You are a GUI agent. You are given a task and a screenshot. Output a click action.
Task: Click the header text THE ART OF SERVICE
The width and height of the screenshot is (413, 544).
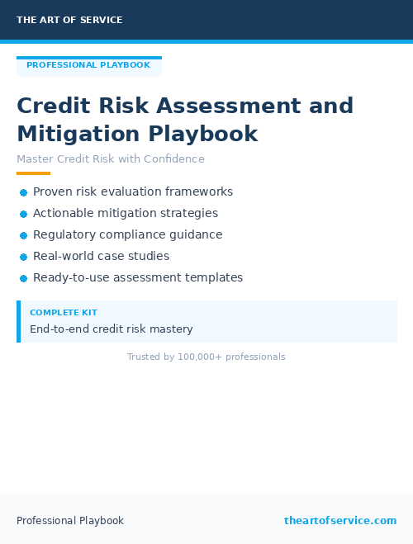69,20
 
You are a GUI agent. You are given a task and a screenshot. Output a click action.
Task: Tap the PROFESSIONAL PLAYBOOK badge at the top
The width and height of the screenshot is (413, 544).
88,65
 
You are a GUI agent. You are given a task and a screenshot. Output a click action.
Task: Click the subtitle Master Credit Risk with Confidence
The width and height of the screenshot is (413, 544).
111,159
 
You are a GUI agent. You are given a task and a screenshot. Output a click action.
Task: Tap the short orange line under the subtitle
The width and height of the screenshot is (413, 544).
33,173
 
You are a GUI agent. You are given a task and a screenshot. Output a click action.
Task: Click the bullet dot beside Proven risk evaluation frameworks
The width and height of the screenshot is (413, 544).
23,192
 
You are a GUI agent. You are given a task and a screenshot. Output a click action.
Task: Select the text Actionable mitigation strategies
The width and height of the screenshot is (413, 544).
126,213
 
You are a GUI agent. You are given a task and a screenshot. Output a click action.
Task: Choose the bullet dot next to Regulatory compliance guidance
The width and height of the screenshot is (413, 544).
23,235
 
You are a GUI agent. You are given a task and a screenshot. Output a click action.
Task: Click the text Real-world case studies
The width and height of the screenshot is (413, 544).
101,256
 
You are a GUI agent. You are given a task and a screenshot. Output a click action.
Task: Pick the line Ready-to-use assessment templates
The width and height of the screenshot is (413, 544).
138,277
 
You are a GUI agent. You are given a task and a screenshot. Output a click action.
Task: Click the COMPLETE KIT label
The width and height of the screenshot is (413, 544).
64,313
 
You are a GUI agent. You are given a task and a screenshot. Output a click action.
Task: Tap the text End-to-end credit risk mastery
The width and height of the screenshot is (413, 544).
112,329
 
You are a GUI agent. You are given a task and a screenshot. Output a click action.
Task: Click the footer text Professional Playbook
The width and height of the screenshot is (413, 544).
70,521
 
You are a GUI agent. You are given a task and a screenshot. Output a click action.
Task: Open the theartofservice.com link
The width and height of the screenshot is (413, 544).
340,521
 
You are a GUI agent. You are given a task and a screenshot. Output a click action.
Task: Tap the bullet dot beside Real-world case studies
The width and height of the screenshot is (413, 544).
23,257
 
